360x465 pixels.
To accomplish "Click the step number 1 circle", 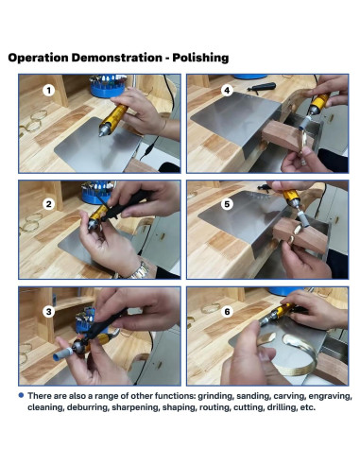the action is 48,91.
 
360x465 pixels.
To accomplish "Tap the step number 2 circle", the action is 48,204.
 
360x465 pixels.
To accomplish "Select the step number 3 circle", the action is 48,312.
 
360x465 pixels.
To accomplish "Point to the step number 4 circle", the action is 227,91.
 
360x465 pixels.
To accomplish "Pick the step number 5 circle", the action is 227,204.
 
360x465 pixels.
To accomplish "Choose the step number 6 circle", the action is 227,312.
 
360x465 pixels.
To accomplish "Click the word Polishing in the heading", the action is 200,58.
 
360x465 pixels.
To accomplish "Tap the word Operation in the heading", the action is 38,58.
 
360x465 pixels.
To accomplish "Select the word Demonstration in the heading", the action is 116,58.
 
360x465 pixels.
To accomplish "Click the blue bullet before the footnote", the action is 21,395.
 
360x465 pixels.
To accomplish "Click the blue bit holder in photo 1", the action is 107,86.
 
